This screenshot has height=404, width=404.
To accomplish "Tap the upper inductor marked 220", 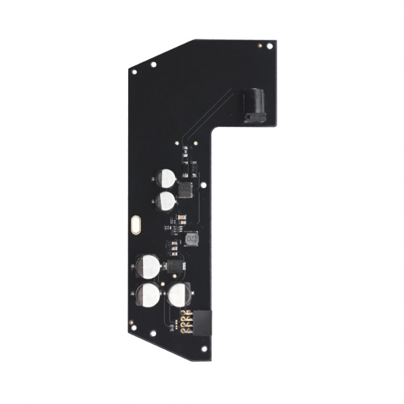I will tap(185, 188).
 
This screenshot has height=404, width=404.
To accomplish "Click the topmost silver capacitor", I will tap(164, 178).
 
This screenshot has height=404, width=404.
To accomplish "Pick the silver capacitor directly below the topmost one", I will tap(165, 200).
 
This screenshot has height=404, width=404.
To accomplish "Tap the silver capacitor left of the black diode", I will tap(147, 265).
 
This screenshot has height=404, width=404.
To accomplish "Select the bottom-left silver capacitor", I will tap(147, 295).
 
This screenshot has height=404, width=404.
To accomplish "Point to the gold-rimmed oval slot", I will tap(136, 224).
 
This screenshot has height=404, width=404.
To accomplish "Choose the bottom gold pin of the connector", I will tap(187, 329).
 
